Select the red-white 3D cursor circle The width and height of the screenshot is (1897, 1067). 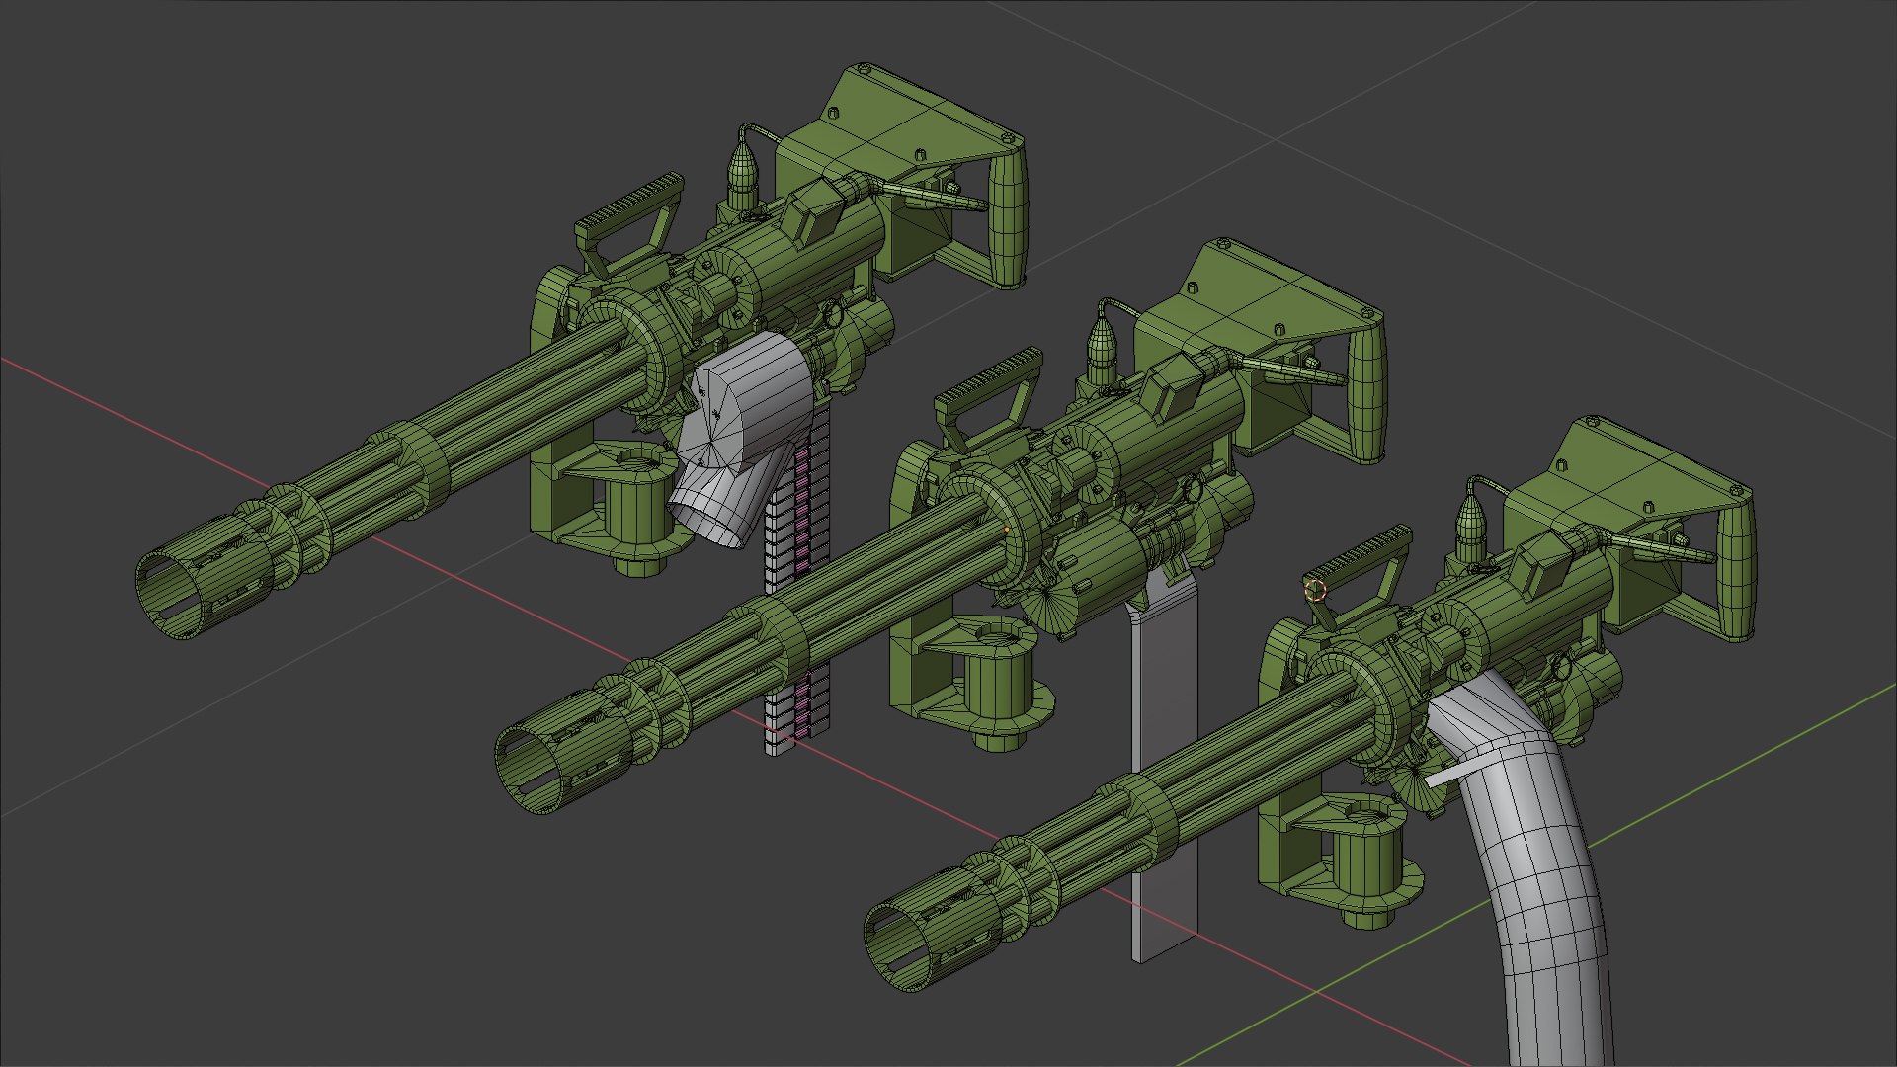[x=1315, y=591]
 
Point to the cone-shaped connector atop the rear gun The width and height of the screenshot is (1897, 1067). [x=742, y=173]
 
